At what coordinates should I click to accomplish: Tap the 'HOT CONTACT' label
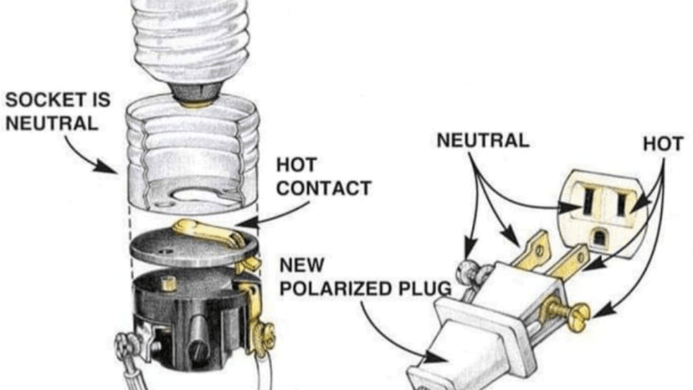pos(323,177)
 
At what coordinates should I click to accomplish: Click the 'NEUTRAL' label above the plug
pos(483,141)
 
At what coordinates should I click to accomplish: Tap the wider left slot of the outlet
pos(588,201)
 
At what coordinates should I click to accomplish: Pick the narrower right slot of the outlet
pos(621,203)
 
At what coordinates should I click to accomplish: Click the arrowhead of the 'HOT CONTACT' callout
pos(243,222)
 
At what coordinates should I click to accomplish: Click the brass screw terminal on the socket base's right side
pos(267,333)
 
